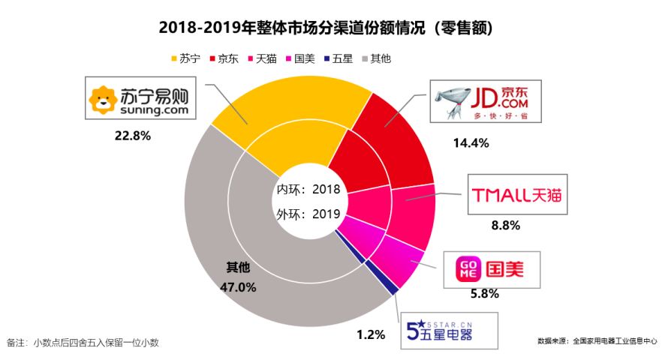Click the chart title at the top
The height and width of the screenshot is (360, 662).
coord(330,28)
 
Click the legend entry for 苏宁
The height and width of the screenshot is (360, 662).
coord(186,58)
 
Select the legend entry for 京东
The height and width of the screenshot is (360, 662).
coord(224,58)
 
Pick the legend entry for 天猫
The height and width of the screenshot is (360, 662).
coord(262,58)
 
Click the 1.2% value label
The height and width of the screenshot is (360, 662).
coord(371,334)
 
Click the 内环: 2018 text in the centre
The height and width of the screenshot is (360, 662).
coord(309,189)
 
